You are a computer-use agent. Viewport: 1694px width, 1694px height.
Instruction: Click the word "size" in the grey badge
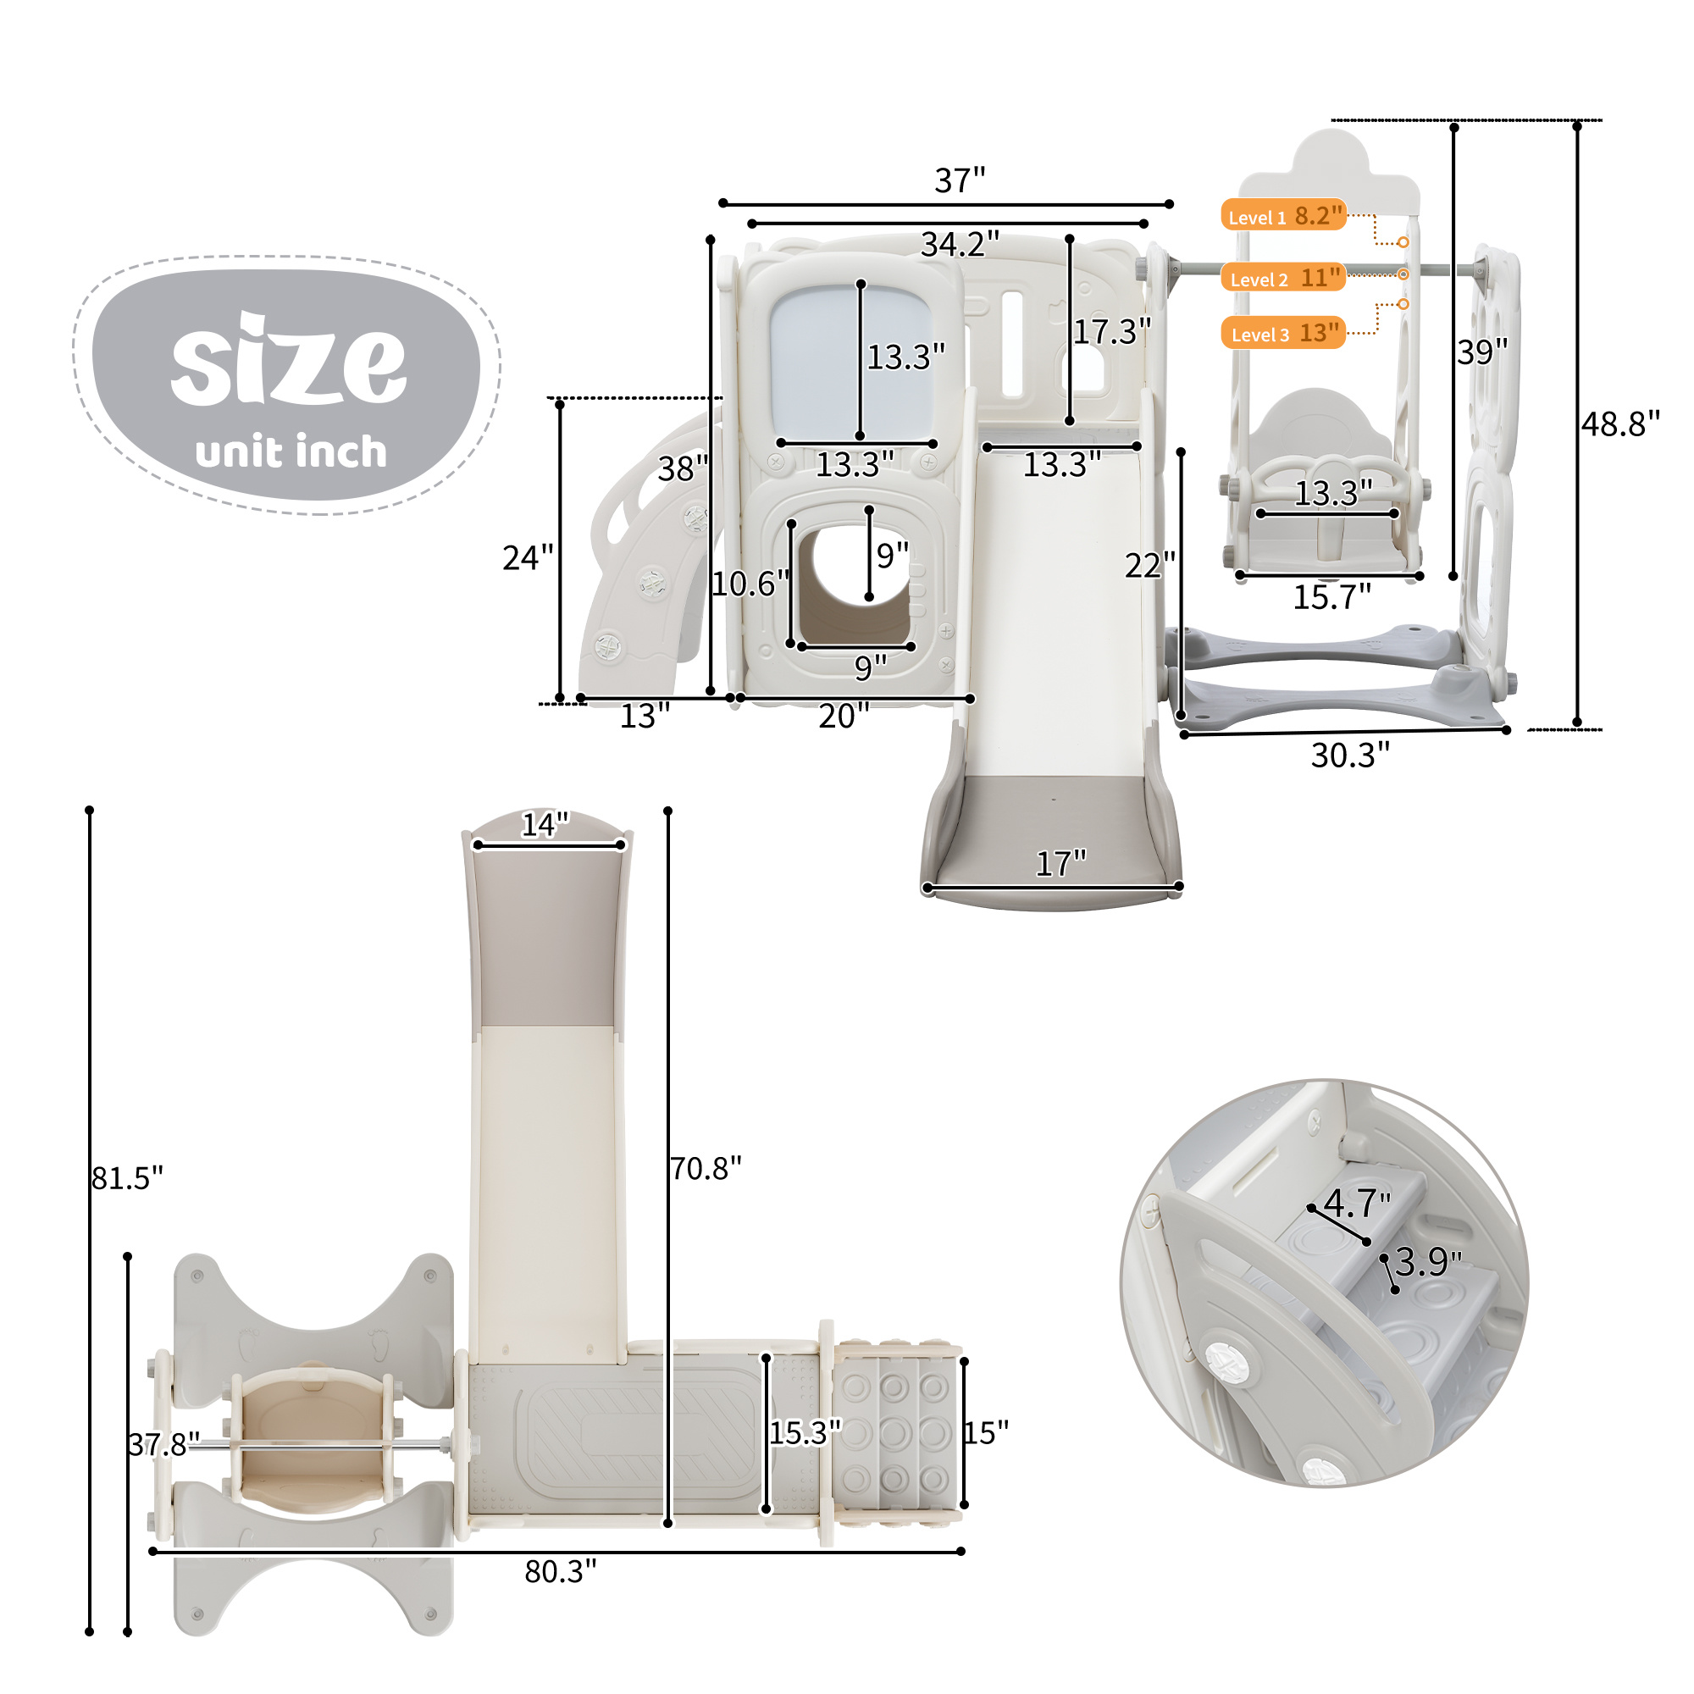[x=289, y=359]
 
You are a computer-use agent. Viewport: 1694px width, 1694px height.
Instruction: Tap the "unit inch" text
[x=291, y=451]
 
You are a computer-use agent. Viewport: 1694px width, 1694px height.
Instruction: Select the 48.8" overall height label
[x=1620, y=423]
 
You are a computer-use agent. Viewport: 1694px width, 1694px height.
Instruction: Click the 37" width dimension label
[x=960, y=180]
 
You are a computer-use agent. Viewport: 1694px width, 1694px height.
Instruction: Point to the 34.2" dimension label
[x=960, y=244]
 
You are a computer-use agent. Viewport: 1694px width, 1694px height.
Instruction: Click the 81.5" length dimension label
[x=128, y=1177]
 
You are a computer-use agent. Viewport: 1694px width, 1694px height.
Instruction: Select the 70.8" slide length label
[x=706, y=1169]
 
